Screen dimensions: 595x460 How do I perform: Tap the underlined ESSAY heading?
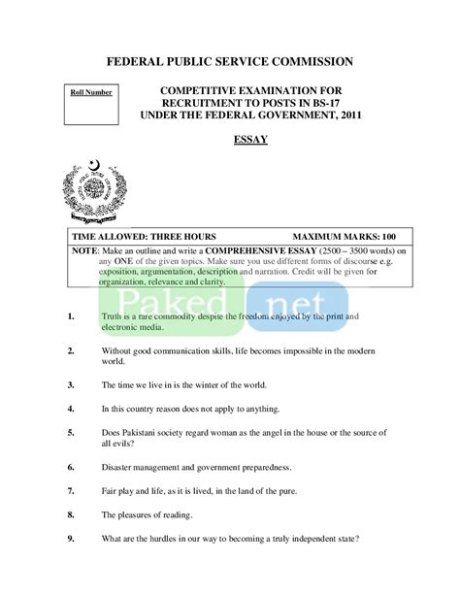point(251,140)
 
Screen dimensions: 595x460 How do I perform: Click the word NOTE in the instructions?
point(85,249)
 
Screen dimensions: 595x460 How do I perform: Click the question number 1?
point(73,316)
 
